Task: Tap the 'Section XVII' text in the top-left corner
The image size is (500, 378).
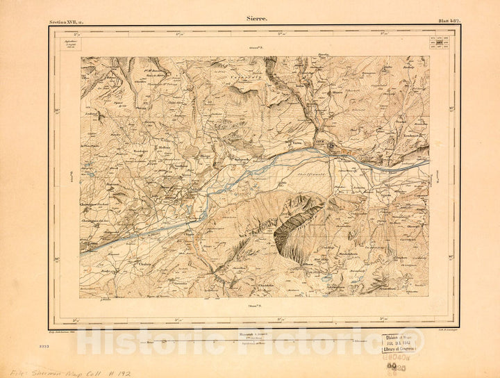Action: point(65,23)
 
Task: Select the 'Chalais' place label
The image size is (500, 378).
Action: point(145,264)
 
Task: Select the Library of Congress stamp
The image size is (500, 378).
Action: point(398,343)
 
